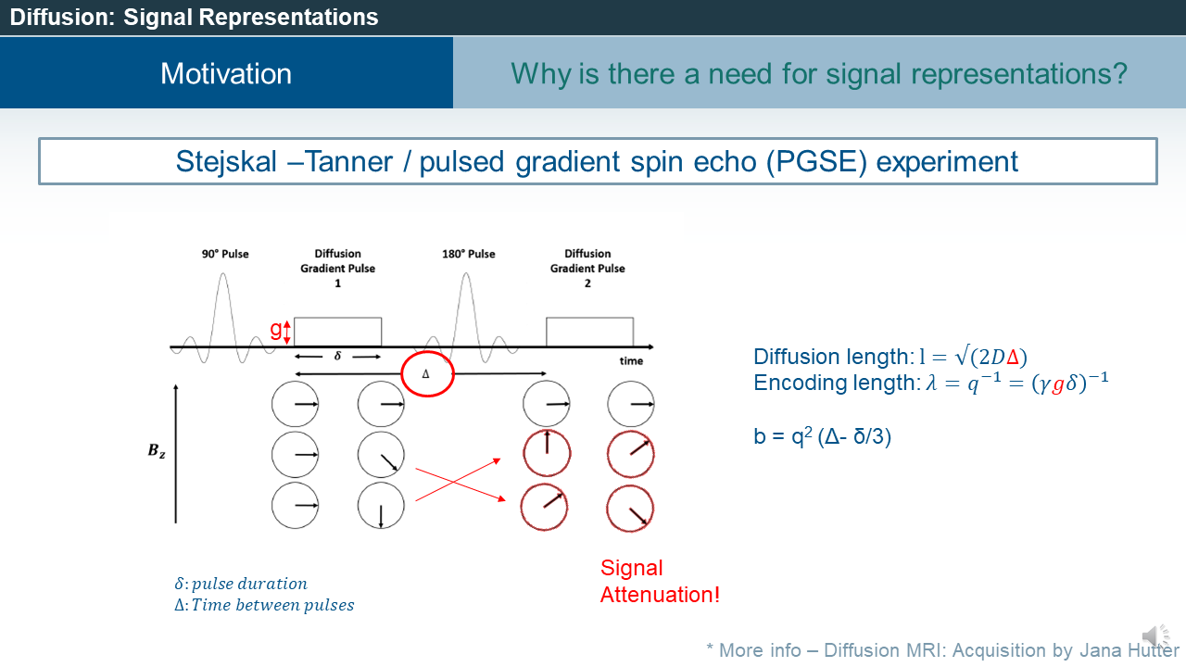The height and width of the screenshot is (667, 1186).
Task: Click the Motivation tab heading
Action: point(226,73)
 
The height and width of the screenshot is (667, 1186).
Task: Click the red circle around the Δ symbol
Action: point(427,375)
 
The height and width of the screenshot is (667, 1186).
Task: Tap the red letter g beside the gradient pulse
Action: point(275,330)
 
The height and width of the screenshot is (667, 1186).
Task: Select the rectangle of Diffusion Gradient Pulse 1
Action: point(337,332)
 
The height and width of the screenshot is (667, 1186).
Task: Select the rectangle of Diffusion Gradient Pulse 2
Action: point(589,332)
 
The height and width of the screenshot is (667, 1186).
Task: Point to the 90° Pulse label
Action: point(225,254)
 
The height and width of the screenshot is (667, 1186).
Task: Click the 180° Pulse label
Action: point(469,254)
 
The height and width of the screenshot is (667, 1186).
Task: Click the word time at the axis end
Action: point(631,360)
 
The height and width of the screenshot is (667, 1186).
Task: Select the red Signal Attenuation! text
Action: point(659,582)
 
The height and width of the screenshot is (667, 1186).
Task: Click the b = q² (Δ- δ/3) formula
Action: point(822,437)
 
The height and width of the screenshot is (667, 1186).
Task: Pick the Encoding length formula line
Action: point(930,383)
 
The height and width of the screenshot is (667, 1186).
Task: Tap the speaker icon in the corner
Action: point(1155,636)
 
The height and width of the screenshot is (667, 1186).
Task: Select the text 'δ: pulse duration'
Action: point(240,584)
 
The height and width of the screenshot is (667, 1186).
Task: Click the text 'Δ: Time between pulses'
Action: point(264,605)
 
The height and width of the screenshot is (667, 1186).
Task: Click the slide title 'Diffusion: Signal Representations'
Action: point(194,17)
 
